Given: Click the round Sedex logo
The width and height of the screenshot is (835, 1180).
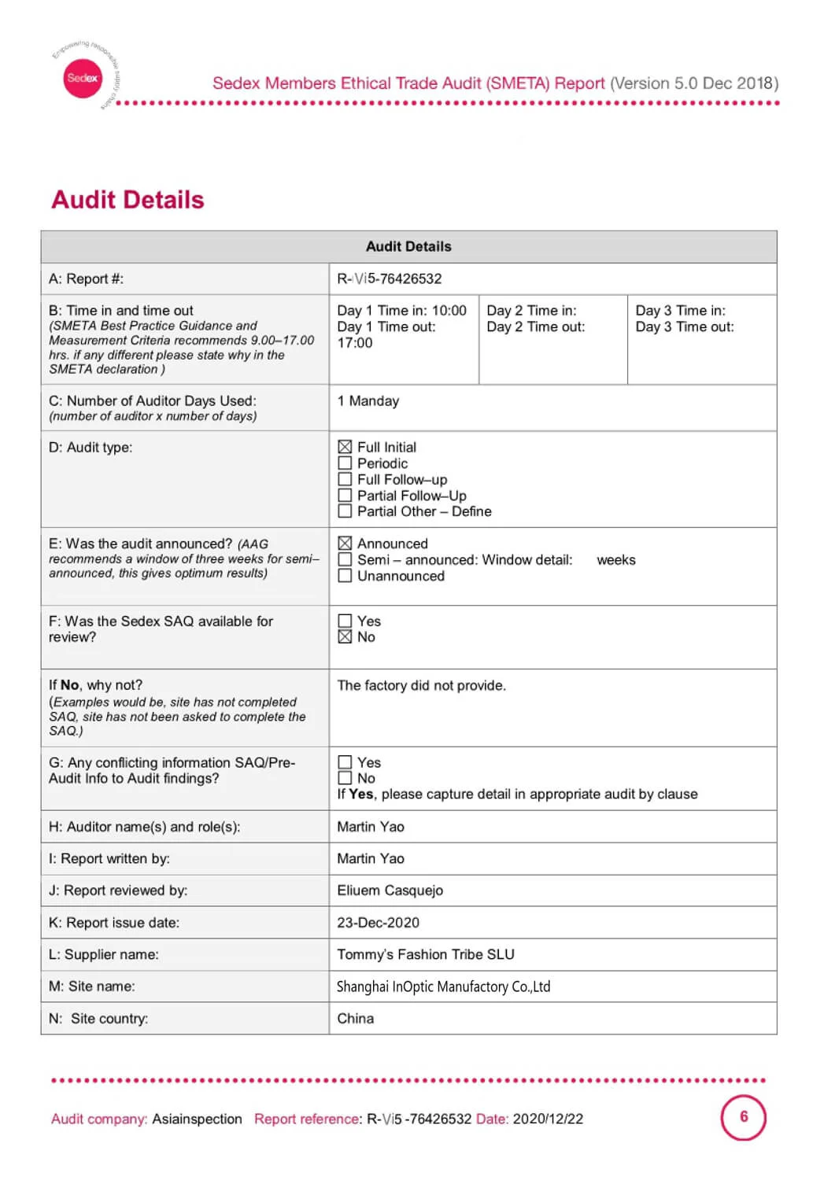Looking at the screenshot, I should tap(83, 78).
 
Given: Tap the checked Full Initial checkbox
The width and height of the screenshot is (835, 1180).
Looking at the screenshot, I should tap(345, 447).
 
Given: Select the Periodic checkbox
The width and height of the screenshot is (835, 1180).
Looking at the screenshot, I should tap(345, 463).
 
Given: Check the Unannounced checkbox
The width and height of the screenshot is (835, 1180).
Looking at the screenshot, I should tap(345, 576).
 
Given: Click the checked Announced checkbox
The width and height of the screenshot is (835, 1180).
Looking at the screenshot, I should tap(345, 544).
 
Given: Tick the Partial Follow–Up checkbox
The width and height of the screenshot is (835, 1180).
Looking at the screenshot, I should tap(345, 496).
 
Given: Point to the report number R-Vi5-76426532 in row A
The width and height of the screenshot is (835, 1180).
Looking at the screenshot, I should tap(390, 278).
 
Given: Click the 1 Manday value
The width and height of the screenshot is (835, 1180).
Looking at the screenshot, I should tap(368, 401).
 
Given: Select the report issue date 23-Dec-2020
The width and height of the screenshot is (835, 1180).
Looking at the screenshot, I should tap(379, 923).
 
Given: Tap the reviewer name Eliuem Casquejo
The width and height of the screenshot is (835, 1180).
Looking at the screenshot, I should tap(390, 891).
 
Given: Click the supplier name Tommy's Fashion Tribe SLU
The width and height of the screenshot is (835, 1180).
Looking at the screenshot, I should tap(426, 954).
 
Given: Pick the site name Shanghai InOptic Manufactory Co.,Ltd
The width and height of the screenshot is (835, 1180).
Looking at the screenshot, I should tap(444, 986).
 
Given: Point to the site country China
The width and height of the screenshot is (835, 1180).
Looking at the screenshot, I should tap(356, 1019).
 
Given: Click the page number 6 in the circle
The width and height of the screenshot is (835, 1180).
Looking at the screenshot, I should tap(744, 1116).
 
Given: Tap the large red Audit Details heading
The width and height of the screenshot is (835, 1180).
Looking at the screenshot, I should tap(128, 200).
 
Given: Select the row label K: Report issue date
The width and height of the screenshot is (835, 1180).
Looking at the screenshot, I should tap(114, 923).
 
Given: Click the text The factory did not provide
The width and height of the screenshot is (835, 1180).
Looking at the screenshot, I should tap(422, 686).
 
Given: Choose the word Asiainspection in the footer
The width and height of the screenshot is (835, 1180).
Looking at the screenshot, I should tap(198, 1119).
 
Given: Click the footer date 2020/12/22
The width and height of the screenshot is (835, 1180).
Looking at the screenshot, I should tap(549, 1119).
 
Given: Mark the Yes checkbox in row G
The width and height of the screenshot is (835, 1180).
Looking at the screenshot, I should tap(345, 762).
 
